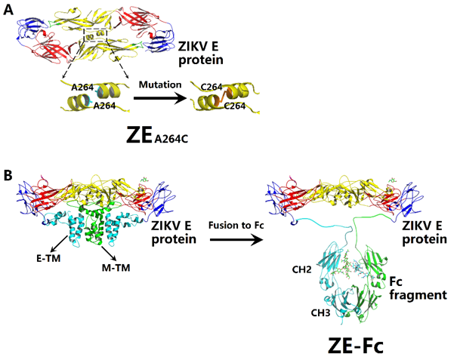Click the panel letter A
8,14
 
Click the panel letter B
8,176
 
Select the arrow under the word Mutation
158,97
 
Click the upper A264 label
83,88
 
